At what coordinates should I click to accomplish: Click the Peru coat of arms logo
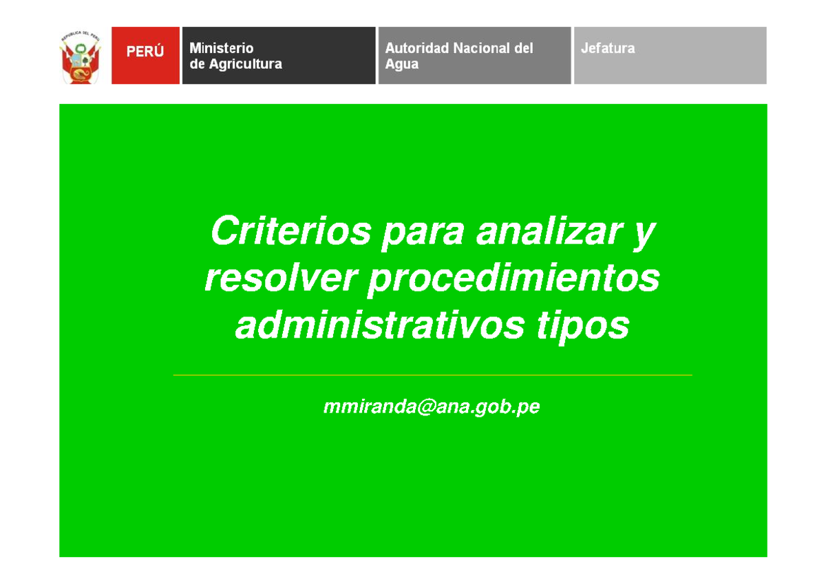coord(82,56)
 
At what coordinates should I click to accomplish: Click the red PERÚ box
coord(145,55)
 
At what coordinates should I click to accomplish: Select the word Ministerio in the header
coord(222,48)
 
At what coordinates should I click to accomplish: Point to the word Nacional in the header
coord(481,48)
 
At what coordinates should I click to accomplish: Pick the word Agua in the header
coord(402,64)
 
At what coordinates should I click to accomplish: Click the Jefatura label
coord(607,48)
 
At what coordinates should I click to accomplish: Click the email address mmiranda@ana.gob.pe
coord(432,407)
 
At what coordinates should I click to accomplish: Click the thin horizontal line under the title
coord(432,376)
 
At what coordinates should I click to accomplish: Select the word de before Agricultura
coord(197,64)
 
